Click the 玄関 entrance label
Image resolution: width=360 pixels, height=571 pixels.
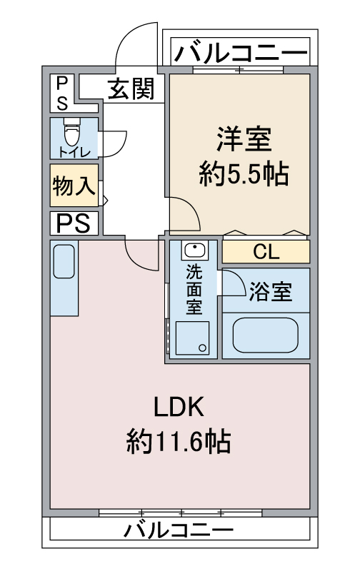click(x=131, y=88)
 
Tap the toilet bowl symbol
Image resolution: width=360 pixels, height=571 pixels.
click(x=71, y=131)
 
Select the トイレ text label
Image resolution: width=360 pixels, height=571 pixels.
click(x=74, y=152)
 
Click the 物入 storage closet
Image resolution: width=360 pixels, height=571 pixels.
click(x=74, y=186)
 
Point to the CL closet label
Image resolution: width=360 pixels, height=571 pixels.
click(x=266, y=251)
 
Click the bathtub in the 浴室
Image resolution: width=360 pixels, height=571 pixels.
click(x=265, y=335)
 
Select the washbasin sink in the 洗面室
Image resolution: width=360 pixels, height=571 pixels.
click(x=194, y=251)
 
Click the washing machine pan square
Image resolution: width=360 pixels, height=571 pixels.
click(x=192, y=338)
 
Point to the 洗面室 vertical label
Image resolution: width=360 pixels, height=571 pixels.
click(x=194, y=290)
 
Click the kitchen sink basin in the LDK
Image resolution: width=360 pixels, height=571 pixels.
click(x=64, y=261)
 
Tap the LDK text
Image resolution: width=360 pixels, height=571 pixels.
click(x=179, y=407)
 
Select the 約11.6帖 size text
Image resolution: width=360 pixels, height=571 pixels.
click(x=179, y=441)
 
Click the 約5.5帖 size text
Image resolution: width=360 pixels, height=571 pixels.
click(x=244, y=174)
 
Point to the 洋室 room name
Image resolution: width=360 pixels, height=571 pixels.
click(x=244, y=138)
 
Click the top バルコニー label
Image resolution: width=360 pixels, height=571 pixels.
click(x=241, y=54)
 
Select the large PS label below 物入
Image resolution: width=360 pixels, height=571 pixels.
click(x=74, y=223)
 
